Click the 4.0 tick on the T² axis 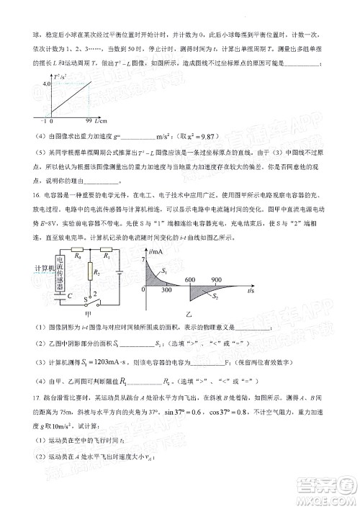(26, 84)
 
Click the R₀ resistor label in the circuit (59, 256)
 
